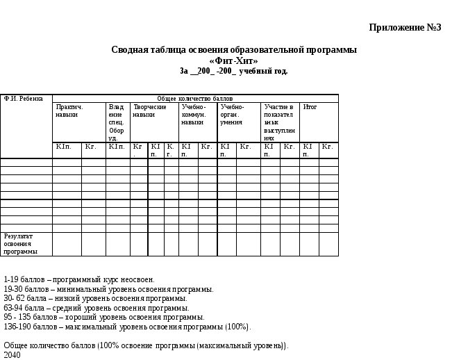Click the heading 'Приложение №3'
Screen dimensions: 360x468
pyautogui.click(x=405, y=28)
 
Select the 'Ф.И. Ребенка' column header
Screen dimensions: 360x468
pyautogui.click(x=24, y=99)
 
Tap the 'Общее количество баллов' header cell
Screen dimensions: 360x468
pyautogui.click(x=195, y=99)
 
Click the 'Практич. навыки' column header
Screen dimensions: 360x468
pyautogui.click(x=70, y=111)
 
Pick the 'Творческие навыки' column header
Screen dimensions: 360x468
pyautogui.click(x=149, y=111)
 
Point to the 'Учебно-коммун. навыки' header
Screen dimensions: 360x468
pyautogui.click(x=194, y=115)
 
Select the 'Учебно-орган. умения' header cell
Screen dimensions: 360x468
pyautogui.click(x=233, y=115)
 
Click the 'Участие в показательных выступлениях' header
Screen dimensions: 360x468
pyautogui.click(x=279, y=122)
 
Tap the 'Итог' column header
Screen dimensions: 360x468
pyautogui.click(x=310, y=107)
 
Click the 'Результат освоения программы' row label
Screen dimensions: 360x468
pyautogui.click(x=21, y=244)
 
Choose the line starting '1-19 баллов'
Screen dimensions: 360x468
pyautogui.click(x=79, y=279)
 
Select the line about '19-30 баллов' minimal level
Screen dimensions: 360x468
pyautogui.click(x=108, y=289)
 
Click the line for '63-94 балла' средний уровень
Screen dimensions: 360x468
pyautogui.click(x=97, y=308)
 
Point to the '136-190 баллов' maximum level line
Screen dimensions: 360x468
pyautogui.click(x=127, y=327)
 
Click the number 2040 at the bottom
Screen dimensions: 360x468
pyautogui.click(x=12, y=355)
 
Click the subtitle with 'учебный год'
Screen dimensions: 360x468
pyautogui.click(x=233, y=71)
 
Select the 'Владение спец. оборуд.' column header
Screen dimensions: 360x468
pyautogui.click(x=117, y=122)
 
